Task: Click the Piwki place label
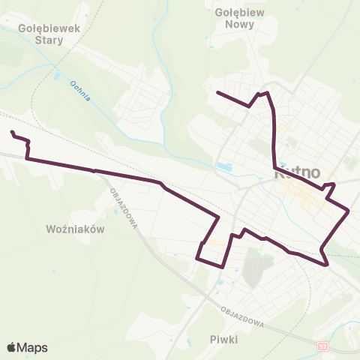[x=223, y=339]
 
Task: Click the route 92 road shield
[x=322, y=346]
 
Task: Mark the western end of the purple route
[x=12, y=133]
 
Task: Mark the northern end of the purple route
[x=217, y=92]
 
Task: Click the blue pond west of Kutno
[x=223, y=166]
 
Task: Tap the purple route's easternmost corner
[x=349, y=211]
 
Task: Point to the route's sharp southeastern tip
[x=328, y=264]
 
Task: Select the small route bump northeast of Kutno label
[x=330, y=184]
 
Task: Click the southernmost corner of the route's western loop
[x=224, y=266]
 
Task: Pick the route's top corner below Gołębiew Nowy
[x=263, y=93]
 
